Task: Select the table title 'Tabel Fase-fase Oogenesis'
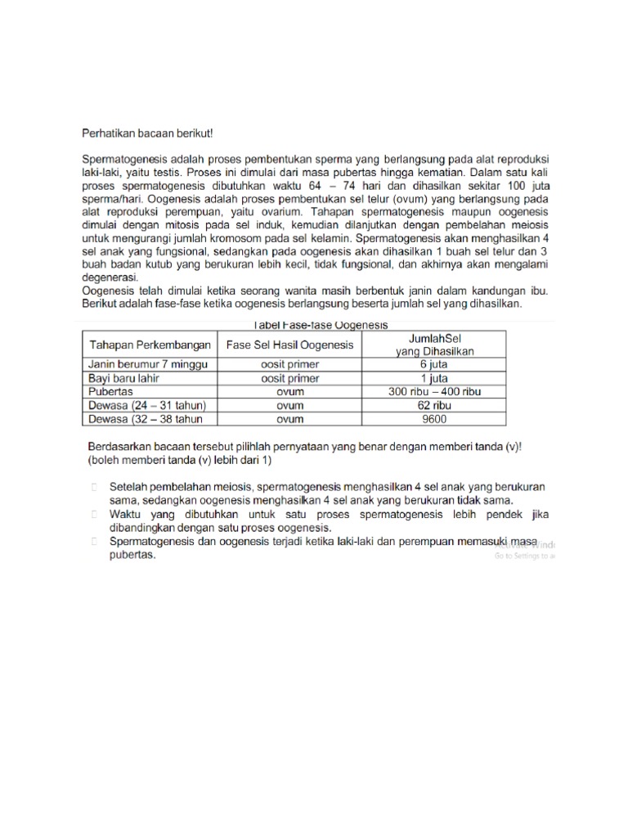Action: [313, 325]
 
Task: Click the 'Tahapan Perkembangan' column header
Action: [150, 345]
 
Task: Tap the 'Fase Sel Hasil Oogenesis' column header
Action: [289, 345]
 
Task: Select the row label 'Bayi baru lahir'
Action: [124, 379]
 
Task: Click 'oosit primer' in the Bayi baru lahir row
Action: [289, 379]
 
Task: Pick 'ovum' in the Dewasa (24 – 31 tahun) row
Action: [289, 405]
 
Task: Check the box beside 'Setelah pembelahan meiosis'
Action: [94, 486]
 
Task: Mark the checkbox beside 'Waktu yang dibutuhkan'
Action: [94, 514]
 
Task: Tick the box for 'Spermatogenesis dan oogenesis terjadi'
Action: [94, 541]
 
